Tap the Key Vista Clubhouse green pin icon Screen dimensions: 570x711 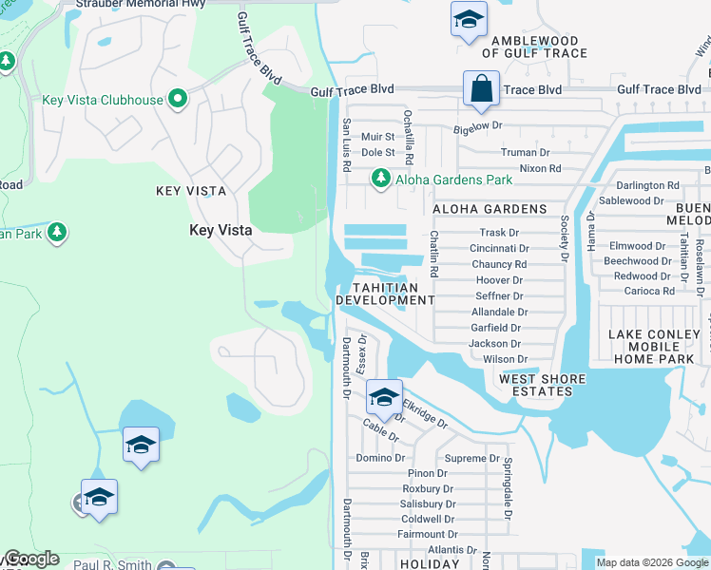pos(177,99)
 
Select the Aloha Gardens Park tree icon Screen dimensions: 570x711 pos(381,178)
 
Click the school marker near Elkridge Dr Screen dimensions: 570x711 pos(383,397)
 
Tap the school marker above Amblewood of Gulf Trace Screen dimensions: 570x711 pos(467,20)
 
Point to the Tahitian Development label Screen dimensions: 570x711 pos(394,294)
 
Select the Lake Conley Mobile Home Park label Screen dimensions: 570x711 pos(658,347)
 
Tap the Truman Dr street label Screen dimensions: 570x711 pos(526,152)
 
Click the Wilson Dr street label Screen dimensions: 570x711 pos(505,359)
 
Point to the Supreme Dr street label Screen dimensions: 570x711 pos(471,458)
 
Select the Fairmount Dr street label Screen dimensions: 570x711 pos(428,534)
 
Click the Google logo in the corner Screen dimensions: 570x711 pos(31,559)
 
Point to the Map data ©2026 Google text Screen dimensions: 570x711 pos(652,562)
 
